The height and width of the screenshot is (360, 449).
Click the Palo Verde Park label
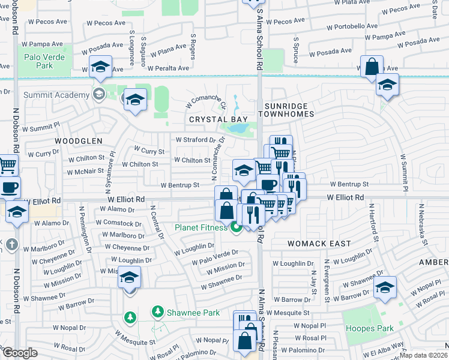43,61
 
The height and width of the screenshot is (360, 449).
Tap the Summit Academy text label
55,95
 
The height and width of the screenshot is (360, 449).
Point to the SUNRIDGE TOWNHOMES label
286,109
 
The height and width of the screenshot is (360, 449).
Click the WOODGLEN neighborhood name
75,140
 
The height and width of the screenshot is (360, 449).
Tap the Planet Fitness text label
201,227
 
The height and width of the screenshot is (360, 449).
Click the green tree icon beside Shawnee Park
157,311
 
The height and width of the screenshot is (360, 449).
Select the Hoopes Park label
369,328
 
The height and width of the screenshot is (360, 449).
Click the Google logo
19,352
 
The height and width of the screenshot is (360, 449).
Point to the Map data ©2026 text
423,355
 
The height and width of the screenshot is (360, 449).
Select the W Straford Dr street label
196,140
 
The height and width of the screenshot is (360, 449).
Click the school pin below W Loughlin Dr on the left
129,280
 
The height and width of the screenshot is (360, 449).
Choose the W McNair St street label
85,171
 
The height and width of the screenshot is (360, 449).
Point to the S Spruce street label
296,45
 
